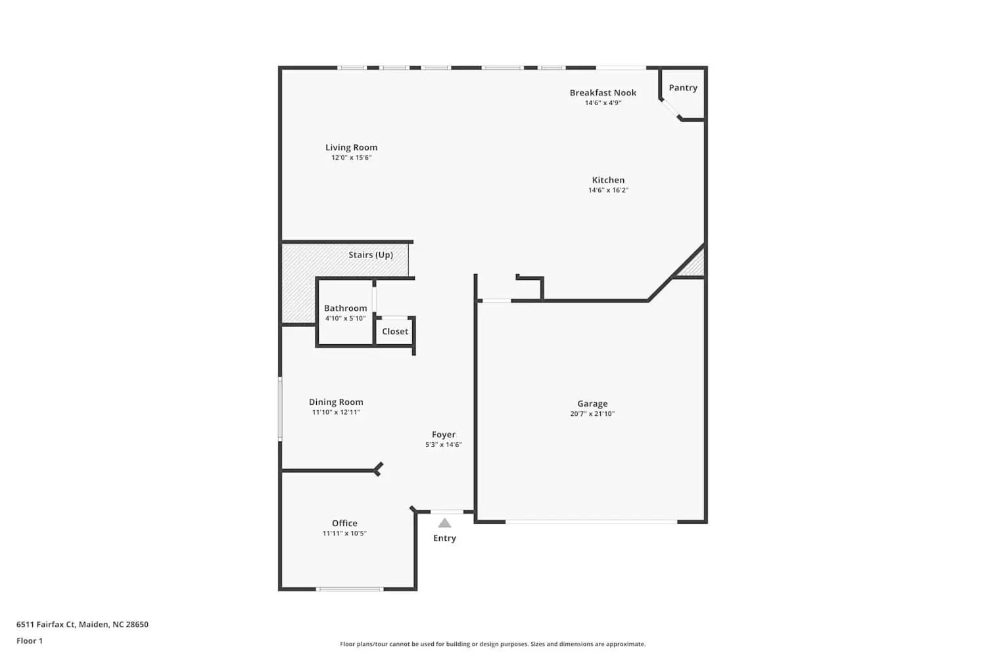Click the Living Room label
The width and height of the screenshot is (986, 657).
point(351,147)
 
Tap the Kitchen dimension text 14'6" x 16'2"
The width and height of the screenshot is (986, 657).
point(608,191)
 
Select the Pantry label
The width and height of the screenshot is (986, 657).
point(683,87)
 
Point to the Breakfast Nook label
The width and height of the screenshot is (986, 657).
point(603,93)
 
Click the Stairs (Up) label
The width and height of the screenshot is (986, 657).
point(371,255)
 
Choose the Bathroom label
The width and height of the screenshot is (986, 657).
point(345,308)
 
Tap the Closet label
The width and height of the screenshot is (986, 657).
point(395,332)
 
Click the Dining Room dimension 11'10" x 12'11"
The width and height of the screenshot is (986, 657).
point(336,413)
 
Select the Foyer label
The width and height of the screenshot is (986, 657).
point(444,434)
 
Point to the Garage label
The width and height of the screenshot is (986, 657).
point(592,403)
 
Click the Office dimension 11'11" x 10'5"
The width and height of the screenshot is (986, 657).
point(344,533)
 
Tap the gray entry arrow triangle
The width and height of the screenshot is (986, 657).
point(445,523)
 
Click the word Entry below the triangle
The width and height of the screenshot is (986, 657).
point(444,538)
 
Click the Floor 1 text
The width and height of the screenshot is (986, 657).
point(30,641)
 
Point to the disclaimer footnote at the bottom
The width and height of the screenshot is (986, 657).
point(492,645)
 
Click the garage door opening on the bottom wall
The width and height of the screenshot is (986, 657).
point(591,522)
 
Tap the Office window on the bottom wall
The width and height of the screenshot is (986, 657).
point(350,589)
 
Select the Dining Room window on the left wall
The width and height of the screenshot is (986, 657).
point(280,408)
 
